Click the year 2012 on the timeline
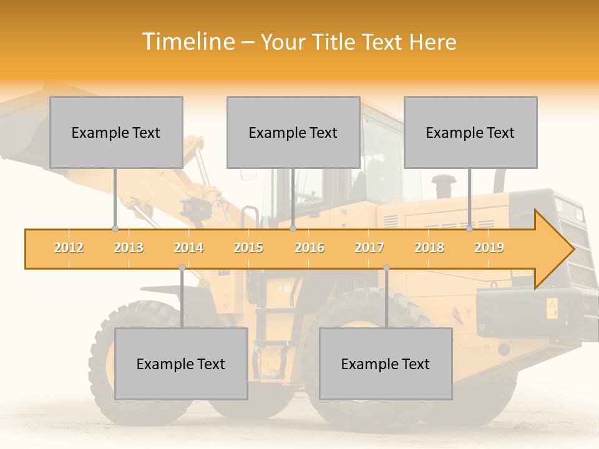point(69,248)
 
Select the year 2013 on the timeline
point(129,248)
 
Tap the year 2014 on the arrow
point(188,248)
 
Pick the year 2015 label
point(248,248)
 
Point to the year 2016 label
point(309,248)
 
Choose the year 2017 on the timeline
point(369,248)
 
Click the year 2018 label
point(429,248)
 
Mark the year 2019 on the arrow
point(489,248)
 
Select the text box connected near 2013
point(116,132)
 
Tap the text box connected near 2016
point(293,132)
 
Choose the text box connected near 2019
point(470,132)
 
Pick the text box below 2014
point(181,364)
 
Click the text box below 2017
point(386,364)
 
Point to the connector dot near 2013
point(115,229)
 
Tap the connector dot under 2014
point(182,268)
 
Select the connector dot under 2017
point(386,268)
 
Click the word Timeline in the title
point(187,42)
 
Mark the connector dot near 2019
point(470,229)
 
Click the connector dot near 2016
point(293,229)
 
